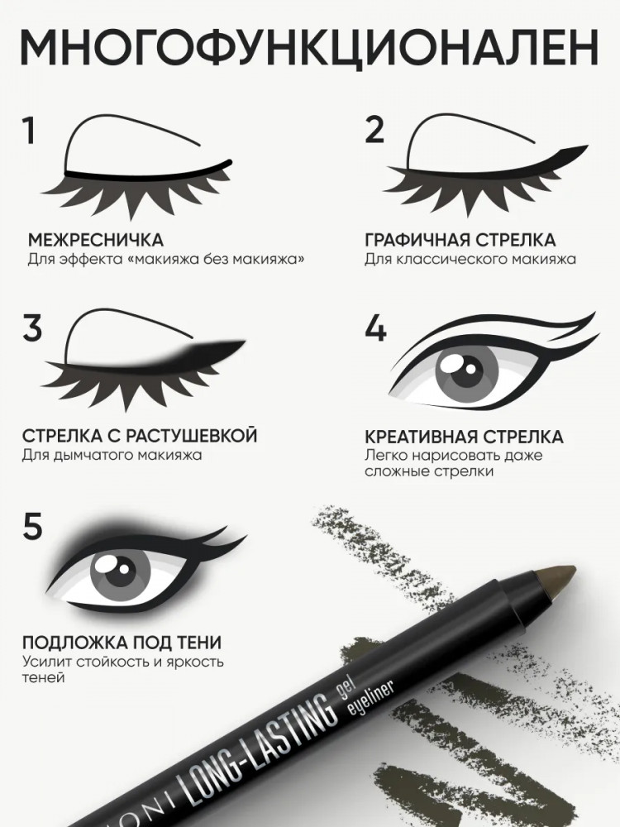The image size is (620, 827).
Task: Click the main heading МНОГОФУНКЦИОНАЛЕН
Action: [x=309, y=47]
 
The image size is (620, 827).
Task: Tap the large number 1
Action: [x=28, y=131]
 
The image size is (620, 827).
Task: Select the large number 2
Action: [x=374, y=130]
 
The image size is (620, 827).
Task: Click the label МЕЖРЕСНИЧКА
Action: [x=95, y=240]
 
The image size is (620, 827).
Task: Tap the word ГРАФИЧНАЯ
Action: [x=417, y=240]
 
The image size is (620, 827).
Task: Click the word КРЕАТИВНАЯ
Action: [x=421, y=437]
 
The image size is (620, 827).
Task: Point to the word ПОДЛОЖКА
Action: [x=69, y=643]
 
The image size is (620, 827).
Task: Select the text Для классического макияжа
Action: [x=470, y=260]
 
